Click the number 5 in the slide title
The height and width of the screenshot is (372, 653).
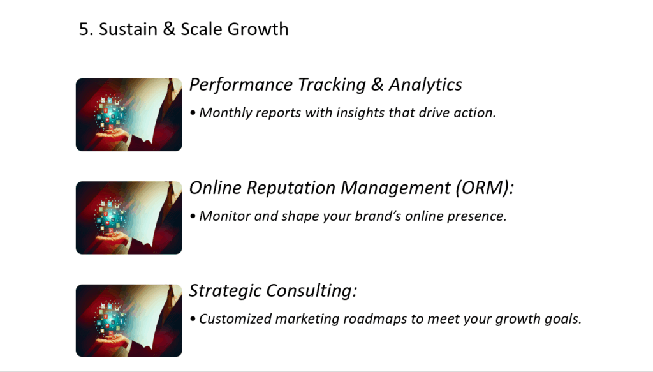tap(84, 29)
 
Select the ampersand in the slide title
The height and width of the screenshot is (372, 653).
tap(168, 29)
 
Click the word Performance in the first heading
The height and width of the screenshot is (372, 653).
tap(241, 85)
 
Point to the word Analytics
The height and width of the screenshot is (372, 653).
tap(425, 85)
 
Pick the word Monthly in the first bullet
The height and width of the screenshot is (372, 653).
tap(225, 113)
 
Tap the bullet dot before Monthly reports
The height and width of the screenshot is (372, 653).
tap(193, 113)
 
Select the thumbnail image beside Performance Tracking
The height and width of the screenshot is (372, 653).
tap(129, 115)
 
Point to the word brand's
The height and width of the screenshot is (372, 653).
tap(378, 216)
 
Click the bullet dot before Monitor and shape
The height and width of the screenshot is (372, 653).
tap(193, 216)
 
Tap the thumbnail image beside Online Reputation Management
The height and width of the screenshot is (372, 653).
tap(129, 218)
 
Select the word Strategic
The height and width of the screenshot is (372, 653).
tap(225, 291)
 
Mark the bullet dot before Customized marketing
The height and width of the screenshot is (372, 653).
tap(193, 319)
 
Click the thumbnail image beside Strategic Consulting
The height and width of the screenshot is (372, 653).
tap(129, 320)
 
